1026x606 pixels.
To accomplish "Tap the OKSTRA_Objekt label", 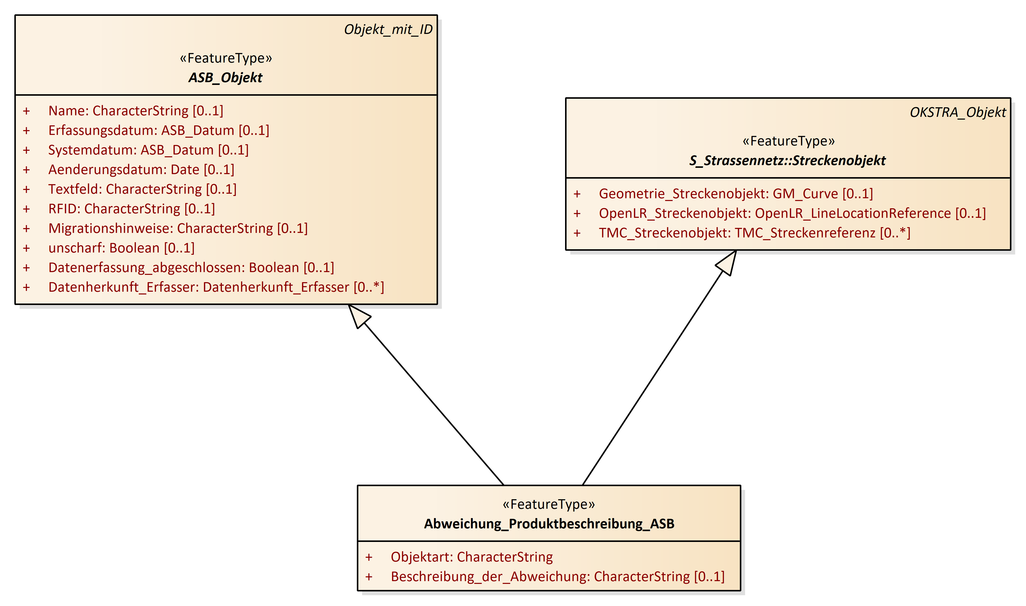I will (957, 112).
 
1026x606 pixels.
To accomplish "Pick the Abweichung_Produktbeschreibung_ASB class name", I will (549, 524).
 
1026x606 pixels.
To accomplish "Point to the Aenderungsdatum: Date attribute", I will (141, 170).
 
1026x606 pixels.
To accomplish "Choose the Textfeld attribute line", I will (142, 189).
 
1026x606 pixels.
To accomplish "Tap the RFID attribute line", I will (132, 209).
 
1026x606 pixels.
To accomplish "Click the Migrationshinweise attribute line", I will (178, 228).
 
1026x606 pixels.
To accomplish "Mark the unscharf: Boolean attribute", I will (121, 248).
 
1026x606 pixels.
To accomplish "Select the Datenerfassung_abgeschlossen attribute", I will (191, 268).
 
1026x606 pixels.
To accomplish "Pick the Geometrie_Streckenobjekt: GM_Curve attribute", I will (736, 193).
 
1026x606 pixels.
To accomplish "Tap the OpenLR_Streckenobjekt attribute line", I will (792, 213).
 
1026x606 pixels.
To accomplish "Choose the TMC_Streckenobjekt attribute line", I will (754, 233).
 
